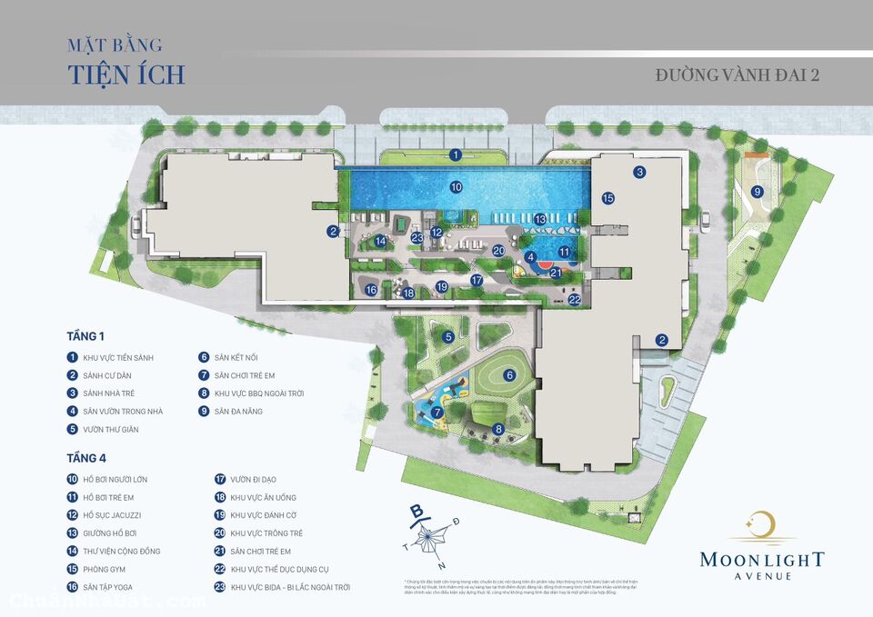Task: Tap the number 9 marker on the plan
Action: click(757, 191)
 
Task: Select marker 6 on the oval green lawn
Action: click(509, 374)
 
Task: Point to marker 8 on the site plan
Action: click(498, 429)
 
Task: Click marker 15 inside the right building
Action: click(607, 197)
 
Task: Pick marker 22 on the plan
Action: click(574, 299)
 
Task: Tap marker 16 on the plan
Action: click(371, 290)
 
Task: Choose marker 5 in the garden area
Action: click(448, 337)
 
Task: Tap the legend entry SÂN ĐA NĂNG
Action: click(245, 411)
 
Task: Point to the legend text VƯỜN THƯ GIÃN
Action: click(111, 429)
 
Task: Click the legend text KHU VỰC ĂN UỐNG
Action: click(263, 497)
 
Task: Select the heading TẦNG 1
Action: click(85, 336)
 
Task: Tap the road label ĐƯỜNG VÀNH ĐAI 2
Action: click(737, 75)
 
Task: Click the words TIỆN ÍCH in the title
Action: click(126, 74)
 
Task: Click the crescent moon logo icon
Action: click(762, 525)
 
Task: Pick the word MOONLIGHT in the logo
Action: click(762, 559)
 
